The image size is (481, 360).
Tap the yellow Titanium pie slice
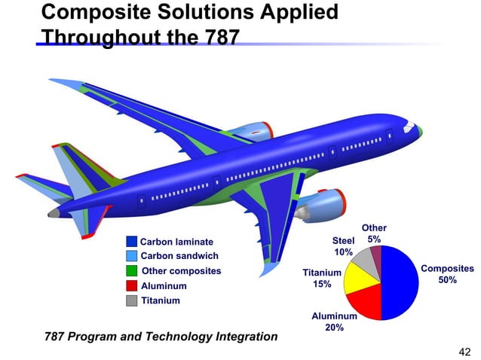point(354,278)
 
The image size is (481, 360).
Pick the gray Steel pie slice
point(366,260)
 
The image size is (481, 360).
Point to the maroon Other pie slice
point(376,257)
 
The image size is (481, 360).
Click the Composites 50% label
point(446,274)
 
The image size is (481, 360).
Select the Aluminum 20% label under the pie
point(334,322)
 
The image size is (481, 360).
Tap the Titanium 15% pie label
point(322,279)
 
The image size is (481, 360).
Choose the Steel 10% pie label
point(344,246)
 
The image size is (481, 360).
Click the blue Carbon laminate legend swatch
point(131,242)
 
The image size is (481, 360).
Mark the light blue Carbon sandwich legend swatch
point(131,256)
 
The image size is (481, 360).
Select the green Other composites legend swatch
point(131,271)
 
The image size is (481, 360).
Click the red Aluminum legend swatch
point(131,286)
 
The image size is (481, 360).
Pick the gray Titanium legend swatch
point(131,301)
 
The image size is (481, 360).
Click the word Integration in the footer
point(240,336)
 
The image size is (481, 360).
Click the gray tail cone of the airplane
point(53,213)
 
